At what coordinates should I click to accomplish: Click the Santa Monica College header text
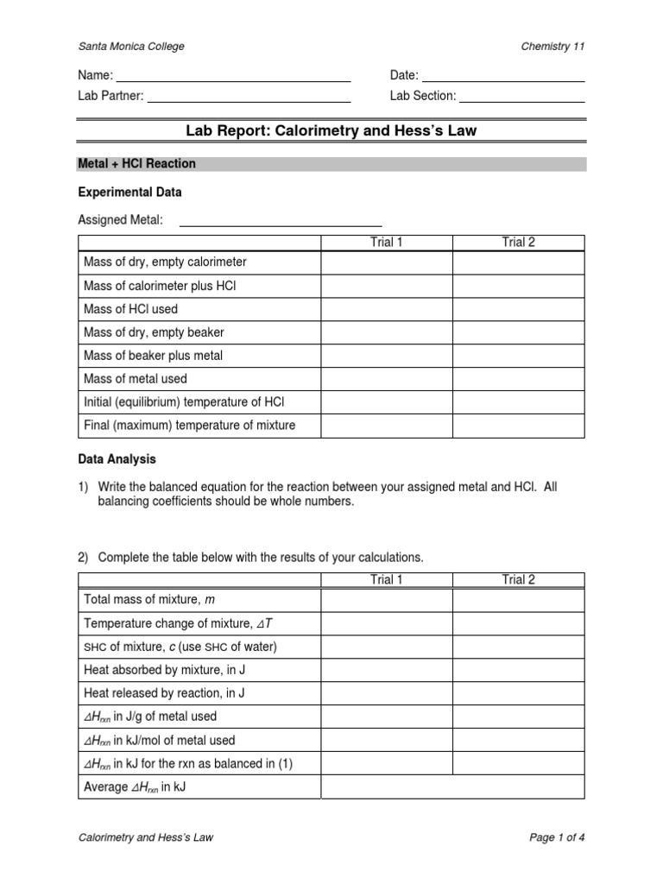131,47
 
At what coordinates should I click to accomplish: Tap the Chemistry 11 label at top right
552,47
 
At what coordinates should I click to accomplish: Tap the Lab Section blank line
522,97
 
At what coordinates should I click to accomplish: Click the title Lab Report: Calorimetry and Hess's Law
331,131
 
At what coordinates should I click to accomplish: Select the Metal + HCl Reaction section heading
137,164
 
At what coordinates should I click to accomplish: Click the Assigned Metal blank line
280,222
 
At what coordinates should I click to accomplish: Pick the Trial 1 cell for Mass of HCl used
387,309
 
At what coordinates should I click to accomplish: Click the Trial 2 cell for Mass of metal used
518,379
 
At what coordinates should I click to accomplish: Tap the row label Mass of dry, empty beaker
154,332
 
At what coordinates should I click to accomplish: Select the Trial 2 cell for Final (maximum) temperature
518,426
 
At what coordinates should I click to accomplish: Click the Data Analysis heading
117,460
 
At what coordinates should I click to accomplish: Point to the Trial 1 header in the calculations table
387,580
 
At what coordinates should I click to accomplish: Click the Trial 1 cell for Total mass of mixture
387,599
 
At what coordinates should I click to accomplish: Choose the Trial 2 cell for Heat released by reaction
518,692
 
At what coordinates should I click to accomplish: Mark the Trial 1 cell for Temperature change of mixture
387,622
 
